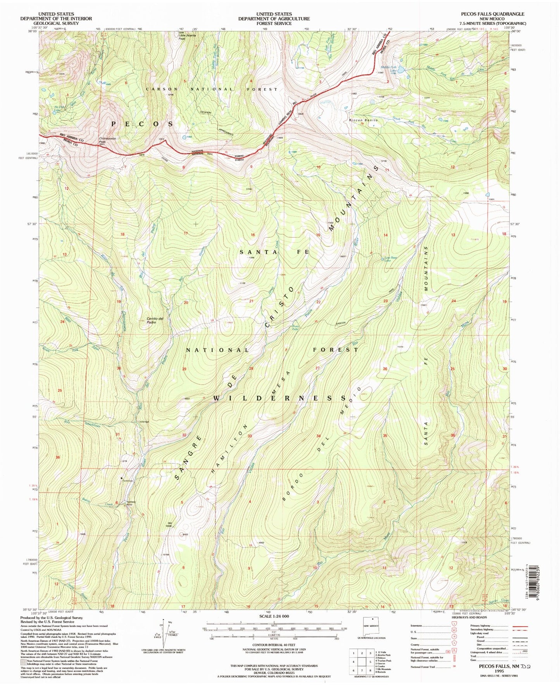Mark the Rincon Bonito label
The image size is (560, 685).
[363, 120]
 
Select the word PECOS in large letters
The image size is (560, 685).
[143, 124]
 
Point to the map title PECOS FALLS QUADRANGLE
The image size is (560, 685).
[492, 14]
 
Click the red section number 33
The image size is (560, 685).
[250, 436]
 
